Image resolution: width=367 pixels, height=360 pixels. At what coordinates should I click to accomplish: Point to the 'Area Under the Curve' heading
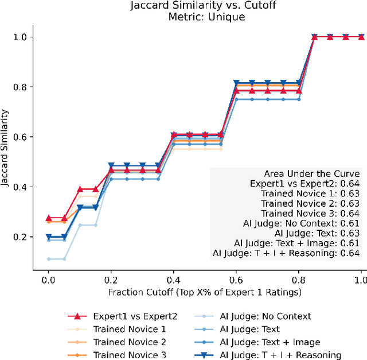312,173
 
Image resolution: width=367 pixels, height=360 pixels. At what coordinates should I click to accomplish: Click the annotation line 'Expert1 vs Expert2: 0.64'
305,183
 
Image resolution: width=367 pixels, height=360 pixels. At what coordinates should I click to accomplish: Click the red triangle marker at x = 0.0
49,218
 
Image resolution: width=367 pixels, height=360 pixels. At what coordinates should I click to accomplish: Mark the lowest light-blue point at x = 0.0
49,259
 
